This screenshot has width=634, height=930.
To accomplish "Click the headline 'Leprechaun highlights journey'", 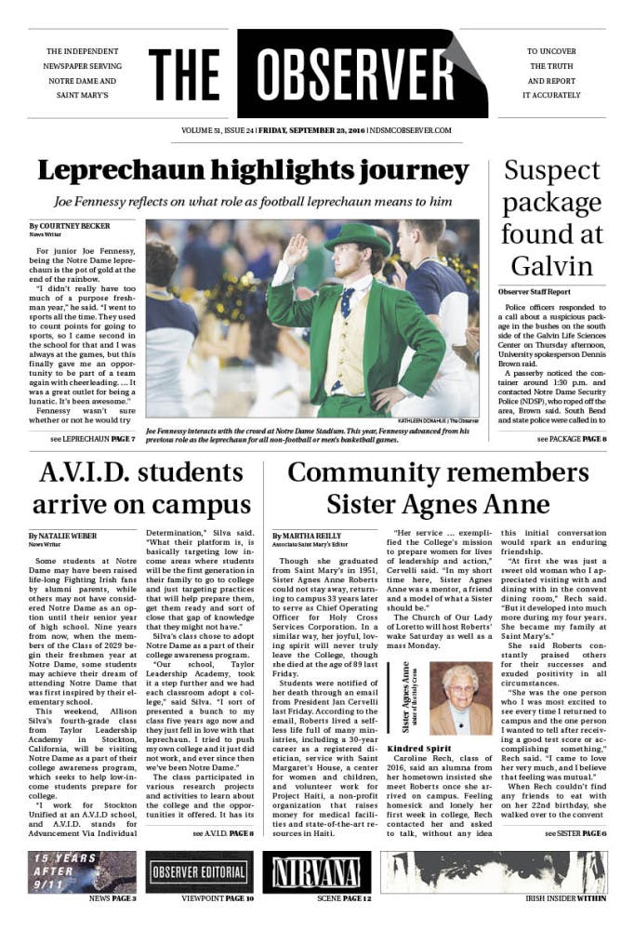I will click(x=253, y=171).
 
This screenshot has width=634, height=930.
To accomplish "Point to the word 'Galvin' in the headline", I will click(x=552, y=265).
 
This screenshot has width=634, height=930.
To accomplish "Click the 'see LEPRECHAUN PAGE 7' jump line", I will click(x=93, y=438).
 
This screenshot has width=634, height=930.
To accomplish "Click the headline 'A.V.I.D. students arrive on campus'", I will click(x=142, y=489).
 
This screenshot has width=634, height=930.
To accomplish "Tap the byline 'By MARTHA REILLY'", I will click(x=307, y=537).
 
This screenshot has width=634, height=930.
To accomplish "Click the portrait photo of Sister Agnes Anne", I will click(x=456, y=697).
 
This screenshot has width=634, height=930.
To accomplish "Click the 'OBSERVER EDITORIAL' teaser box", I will click(x=199, y=872).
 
